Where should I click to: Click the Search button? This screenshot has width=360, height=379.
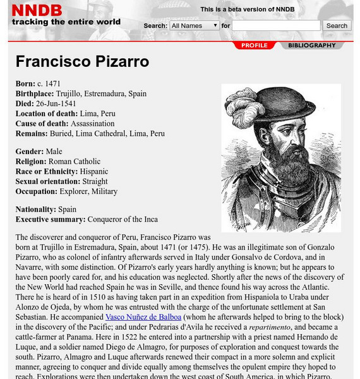click(x=337, y=26)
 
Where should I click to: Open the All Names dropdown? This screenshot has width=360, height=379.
click(x=194, y=26)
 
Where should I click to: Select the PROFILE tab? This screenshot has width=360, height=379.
click(x=254, y=45)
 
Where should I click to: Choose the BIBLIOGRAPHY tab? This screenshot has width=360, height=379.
click(x=312, y=45)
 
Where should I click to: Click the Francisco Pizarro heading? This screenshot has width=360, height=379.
click(x=82, y=62)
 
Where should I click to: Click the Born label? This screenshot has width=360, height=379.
click(x=26, y=83)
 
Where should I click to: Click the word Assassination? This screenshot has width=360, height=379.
click(x=92, y=123)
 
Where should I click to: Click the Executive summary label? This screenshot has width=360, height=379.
click(x=51, y=219)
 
